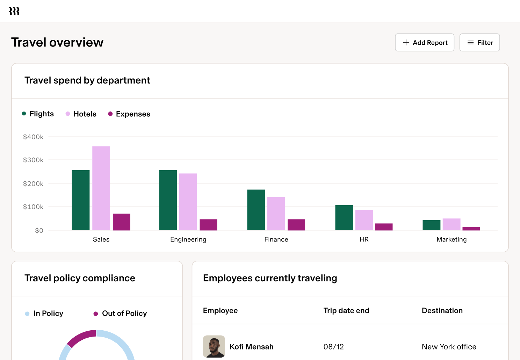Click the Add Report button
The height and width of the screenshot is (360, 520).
425,43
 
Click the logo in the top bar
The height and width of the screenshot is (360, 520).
14,11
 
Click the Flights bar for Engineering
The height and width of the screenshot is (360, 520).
168,200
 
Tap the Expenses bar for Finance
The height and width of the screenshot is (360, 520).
296,225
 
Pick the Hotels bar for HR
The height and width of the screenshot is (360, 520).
364,220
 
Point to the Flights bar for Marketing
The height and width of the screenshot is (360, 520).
432,225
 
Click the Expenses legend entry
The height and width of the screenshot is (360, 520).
129,114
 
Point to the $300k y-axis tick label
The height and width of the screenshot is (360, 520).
33,160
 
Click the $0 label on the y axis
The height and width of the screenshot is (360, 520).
39,230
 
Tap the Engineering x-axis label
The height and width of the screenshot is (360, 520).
188,239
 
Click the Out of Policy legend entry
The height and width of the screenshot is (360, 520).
121,314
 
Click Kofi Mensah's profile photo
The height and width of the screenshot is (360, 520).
214,347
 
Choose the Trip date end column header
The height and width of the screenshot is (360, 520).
346,311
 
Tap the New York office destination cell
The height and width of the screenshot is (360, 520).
449,347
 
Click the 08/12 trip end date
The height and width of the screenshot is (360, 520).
334,347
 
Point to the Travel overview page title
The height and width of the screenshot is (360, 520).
57,42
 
